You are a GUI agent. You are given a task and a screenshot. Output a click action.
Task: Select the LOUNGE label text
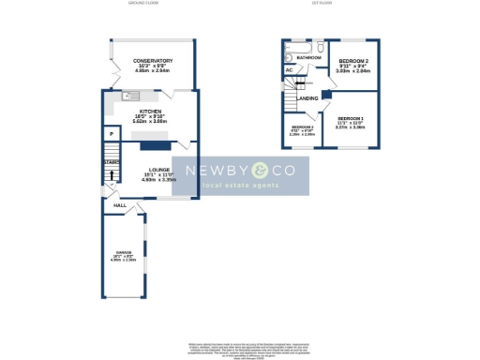(157, 171)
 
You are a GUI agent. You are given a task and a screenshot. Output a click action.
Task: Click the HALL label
(120, 205)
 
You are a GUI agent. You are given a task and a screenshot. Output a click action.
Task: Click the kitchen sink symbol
(129, 94)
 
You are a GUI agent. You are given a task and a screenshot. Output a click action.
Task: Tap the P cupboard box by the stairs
(112, 135)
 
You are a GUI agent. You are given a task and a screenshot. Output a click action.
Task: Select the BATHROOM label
(309, 58)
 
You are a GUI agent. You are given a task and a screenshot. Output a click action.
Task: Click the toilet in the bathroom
(321, 46)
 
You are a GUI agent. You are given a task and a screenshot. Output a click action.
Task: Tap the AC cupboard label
(289, 69)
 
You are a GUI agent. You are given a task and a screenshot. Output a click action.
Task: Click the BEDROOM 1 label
(350, 118)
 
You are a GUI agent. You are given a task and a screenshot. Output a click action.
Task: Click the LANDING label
(307, 97)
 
